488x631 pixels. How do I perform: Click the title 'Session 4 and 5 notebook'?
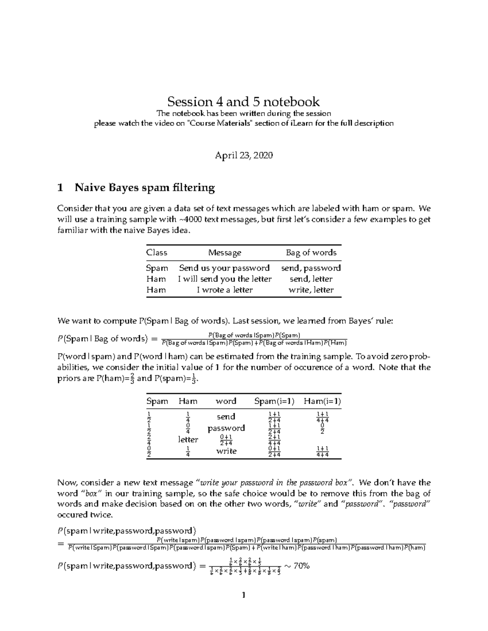[244, 101]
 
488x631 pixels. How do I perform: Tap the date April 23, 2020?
[244, 155]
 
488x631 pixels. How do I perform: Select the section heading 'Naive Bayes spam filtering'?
[144, 187]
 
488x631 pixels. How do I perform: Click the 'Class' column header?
[157, 253]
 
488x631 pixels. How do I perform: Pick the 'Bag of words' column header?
[311, 253]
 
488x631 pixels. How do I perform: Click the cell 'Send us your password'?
[224, 268]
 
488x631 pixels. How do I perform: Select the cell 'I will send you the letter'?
[224, 279]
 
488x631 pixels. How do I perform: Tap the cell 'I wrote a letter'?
[224, 290]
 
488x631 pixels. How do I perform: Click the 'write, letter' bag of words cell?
[311, 290]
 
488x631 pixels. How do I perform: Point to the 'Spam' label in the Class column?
[157, 268]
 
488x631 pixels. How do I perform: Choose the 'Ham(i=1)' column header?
[322, 401]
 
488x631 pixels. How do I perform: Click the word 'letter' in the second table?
[188, 440]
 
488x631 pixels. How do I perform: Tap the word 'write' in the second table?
[226, 451]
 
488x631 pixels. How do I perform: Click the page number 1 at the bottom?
[244, 596]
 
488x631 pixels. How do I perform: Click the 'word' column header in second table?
[226, 401]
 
